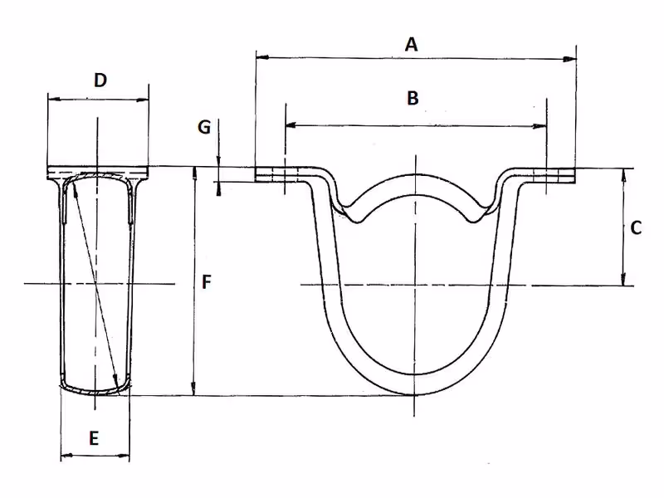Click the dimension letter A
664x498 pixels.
(411, 45)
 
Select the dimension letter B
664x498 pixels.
(413, 98)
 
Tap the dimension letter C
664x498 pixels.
(636, 227)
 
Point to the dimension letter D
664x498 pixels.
(100, 80)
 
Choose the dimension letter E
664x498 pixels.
(94, 438)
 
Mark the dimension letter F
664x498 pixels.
(206, 282)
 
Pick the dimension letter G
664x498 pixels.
(204, 127)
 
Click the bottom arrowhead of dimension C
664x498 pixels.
(623, 278)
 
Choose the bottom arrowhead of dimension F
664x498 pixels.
(193, 388)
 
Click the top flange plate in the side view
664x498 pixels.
(98, 173)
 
